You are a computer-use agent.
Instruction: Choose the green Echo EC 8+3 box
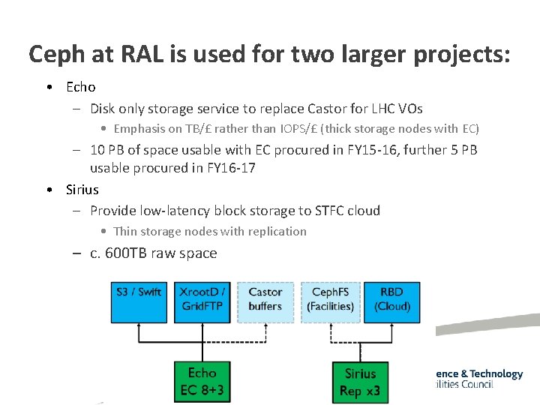point(202,382)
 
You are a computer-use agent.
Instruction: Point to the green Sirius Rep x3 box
point(360,382)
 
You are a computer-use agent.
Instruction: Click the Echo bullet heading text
point(81,87)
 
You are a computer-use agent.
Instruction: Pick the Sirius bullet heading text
point(82,189)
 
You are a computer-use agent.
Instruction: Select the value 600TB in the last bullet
point(125,253)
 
